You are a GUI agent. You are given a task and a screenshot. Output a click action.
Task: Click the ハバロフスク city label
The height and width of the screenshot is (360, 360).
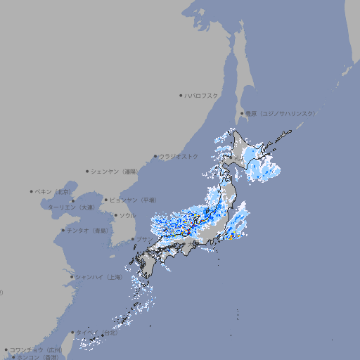click(x=202, y=95)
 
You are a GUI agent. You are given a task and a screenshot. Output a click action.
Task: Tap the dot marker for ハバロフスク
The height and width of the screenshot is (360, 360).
click(x=181, y=95)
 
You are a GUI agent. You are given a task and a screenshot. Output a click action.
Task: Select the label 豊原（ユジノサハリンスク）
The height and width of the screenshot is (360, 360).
click(x=280, y=113)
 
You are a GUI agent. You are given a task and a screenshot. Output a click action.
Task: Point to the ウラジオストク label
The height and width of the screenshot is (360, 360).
click(x=179, y=156)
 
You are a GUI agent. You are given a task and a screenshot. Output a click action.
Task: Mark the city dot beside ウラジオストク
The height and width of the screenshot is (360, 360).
click(x=155, y=156)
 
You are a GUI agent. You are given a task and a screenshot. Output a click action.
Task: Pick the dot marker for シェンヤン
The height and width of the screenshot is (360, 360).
click(x=88, y=171)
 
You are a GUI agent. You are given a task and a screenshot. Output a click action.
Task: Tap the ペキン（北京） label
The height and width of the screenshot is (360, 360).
click(x=53, y=191)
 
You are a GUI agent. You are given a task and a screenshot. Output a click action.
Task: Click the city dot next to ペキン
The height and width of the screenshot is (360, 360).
click(x=32, y=191)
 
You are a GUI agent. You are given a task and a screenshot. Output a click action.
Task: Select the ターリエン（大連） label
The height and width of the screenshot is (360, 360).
click(x=71, y=207)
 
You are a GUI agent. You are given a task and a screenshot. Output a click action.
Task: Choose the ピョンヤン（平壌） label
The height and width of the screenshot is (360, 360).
click(x=134, y=200)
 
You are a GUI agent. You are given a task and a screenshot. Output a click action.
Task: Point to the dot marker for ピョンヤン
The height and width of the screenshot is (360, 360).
click(x=106, y=200)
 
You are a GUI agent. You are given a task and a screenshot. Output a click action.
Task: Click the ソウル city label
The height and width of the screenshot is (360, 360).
click(x=127, y=215)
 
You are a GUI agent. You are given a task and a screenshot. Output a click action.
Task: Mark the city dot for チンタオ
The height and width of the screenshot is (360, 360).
click(x=63, y=231)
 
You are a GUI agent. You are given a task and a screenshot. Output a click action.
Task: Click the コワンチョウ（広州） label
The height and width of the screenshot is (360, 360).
click(x=35, y=349)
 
